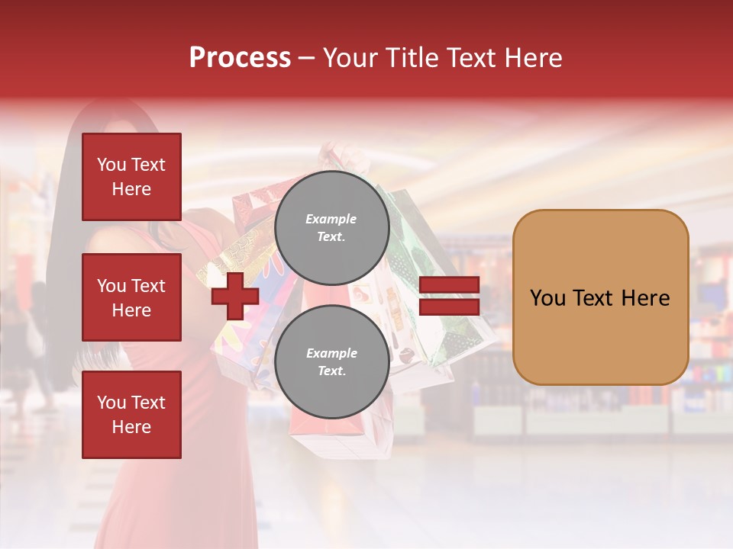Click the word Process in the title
click(240, 58)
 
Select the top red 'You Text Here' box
click(131, 177)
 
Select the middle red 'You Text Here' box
click(131, 297)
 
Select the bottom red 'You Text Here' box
click(131, 414)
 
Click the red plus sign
click(235, 296)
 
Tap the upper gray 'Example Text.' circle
click(331, 228)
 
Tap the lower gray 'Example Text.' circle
click(331, 362)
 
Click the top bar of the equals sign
click(449, 285)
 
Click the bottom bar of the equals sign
click(449, 307)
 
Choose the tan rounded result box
click(600, 297)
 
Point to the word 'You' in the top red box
click(111, 165)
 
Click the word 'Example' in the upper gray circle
click(331, 219)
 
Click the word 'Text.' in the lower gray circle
click(331, 371)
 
